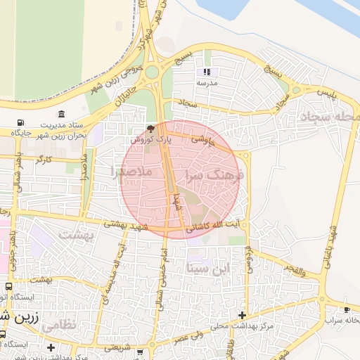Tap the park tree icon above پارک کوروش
pyautogui.click(x=150, y=129)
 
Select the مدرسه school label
pyautogui.click(x=207, y=82)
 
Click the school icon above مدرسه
pyautogui.click(x=207, y=72)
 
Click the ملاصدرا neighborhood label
pyautogui.click(x=131, y=171)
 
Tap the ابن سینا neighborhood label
pyautogui.click(x=209, y=267)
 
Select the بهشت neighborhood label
pyautogui.click(x=75, y=236)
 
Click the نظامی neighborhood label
pyautogui.click(x=58, y=325)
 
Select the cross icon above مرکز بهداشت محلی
pyautogui.click(x=243, y=315)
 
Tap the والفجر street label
pyautogui.click(x=295, y=268)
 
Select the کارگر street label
pyautogui.click(x=44, y=160)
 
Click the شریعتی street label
pyautogui.click(x=117, y=347)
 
